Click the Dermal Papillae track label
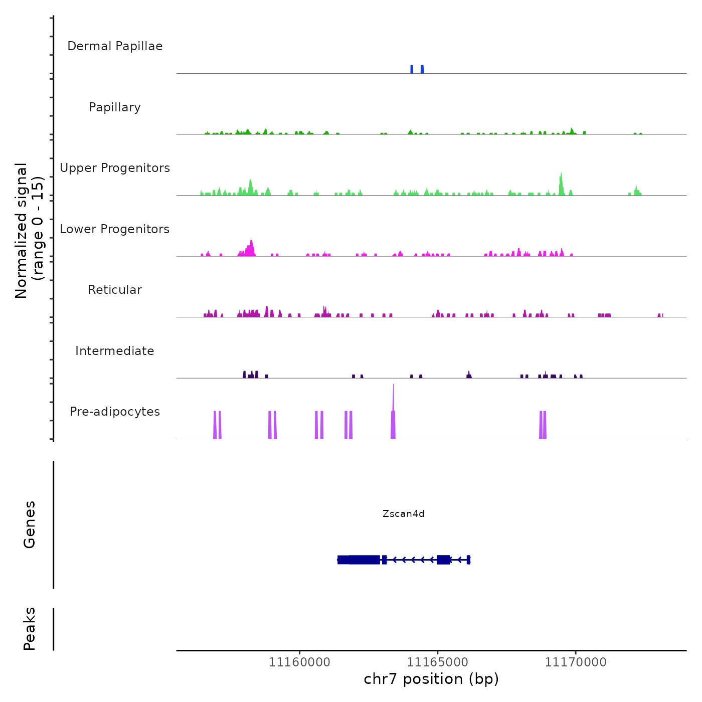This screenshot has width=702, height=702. tap(115, 46)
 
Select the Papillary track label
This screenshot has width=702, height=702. tap(115, 107)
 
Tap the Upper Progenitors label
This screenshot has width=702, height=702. tap(115, 168)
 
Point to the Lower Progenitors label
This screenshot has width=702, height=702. tap(115, 229)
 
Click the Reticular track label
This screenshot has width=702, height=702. tap(115, 290)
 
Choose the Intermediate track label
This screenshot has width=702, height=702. tap(115, 351)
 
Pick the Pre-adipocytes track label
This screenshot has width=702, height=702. tap(115, 412)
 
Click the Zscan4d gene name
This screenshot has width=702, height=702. tap(403, 513)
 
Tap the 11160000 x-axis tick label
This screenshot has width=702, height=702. tap(299, 662)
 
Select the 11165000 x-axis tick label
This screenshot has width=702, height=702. tap(438, 662)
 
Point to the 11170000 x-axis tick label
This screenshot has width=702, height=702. tap(576, 662)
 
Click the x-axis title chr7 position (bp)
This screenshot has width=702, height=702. tap(431, 679)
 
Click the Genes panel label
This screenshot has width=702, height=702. tap(29, 524)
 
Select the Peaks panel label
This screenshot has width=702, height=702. tap(29, 629)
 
